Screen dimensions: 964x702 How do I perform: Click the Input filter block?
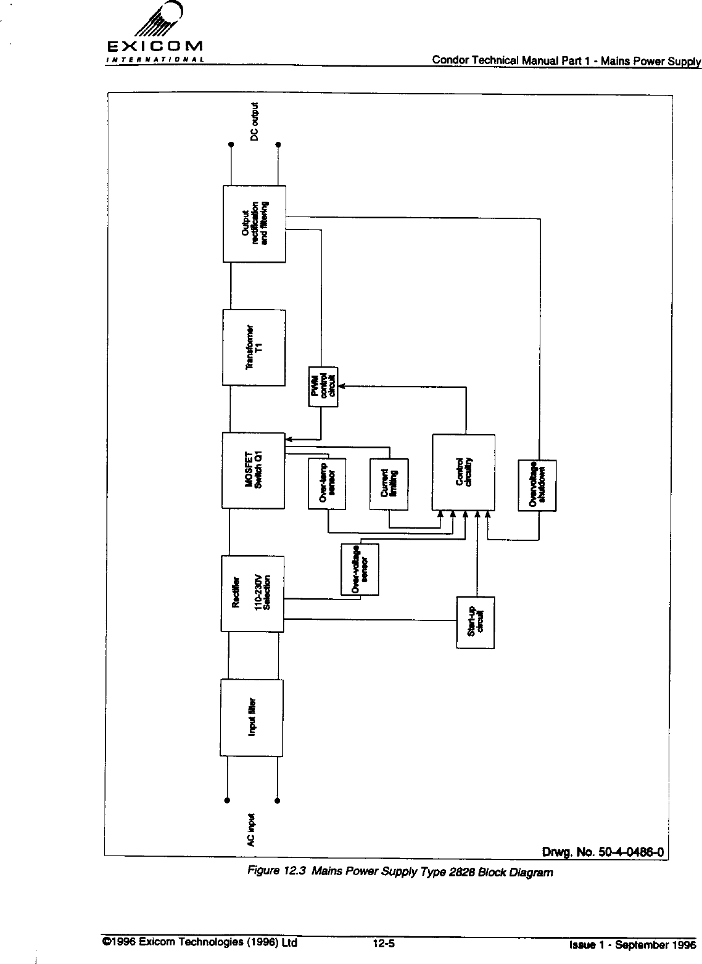pos(252,717)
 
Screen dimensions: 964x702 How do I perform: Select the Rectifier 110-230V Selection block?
pos(252,593)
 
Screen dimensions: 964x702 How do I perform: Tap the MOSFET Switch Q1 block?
pos(254,471)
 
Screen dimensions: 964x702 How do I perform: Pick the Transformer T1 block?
pos(254,347)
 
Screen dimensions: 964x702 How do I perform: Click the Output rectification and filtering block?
pos(254,223)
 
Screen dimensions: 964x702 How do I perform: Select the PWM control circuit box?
pos(323,387)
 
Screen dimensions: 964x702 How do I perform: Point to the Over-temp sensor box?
pos(327,484)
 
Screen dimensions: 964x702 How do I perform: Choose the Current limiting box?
pos(389,484)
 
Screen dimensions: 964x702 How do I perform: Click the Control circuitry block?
pos(464,472)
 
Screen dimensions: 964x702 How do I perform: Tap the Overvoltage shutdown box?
pos(537,485)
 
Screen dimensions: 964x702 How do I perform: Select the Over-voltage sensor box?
pos(360,569)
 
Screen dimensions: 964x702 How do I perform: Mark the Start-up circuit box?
pos(476,622)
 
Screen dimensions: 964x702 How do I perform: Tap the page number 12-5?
pos(384,942)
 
